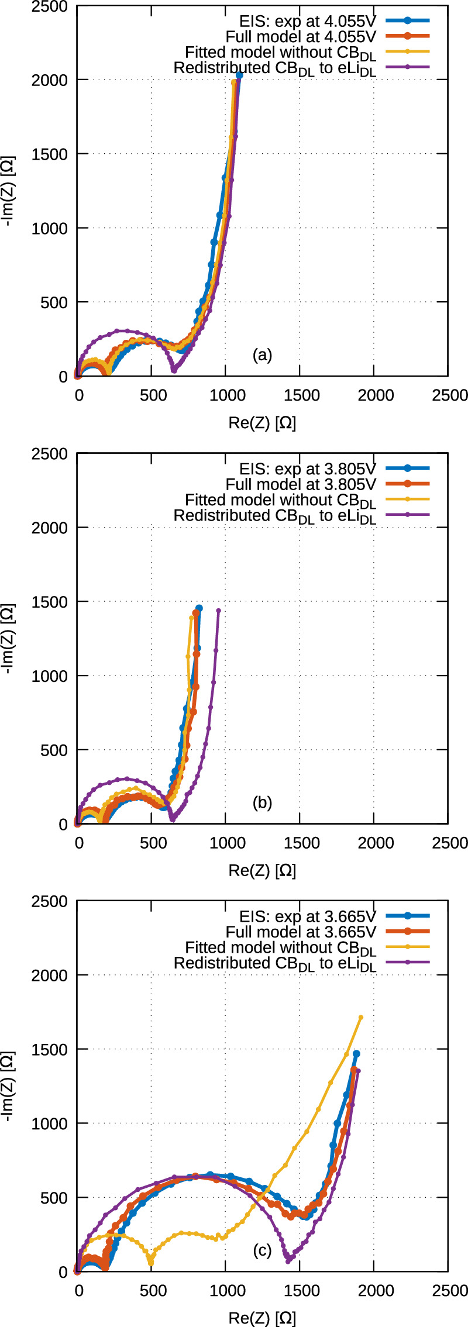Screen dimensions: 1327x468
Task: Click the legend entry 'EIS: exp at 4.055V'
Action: click(x=308, y=20)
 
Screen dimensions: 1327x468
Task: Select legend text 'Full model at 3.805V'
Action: click(x=301, y=484)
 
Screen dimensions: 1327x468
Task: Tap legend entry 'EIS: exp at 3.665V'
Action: click(x=308, y=916)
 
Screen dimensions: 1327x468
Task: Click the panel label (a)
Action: click(x=262, y=354)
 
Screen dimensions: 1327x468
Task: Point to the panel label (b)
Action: click(x=262, y=802)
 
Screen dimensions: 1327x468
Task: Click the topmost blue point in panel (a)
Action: click(x=239, y=75)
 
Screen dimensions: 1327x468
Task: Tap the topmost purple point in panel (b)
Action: click(x=219, y=611)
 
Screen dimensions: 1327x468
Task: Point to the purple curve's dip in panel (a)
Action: click(x=174, y=370)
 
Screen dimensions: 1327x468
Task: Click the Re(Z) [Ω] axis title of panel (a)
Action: click(x=262, y=423)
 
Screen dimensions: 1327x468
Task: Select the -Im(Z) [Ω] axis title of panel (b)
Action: click(x=9, y=638)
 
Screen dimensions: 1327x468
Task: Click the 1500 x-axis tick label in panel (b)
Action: click(x=301, y=843)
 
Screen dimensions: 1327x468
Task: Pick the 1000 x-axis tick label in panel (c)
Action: click(x=227, y=1290)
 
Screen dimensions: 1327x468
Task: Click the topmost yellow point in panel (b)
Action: click(x=192, y=618)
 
